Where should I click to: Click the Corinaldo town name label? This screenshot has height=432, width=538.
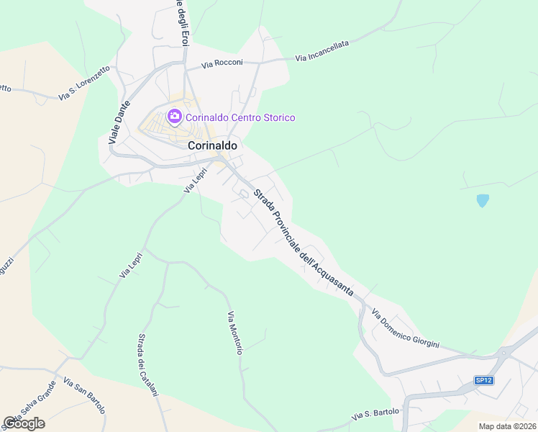(213, 145)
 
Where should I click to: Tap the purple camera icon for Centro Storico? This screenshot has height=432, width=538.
(174, 117)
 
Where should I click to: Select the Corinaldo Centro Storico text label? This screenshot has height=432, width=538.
(240, 117)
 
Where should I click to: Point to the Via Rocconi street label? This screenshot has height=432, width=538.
(222, 63)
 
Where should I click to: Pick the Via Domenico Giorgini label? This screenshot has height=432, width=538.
(405, 328)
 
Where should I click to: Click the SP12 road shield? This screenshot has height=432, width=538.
(484, 379)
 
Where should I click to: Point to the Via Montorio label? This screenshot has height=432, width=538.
(235, 333)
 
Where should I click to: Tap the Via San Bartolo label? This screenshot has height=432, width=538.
(84, 395)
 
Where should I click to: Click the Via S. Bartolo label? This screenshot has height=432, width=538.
(375, 415)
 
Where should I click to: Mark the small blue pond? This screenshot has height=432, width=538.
(483, 201)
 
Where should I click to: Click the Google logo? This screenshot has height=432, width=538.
(24, 423)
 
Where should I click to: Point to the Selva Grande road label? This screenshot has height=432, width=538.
(32, 406)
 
